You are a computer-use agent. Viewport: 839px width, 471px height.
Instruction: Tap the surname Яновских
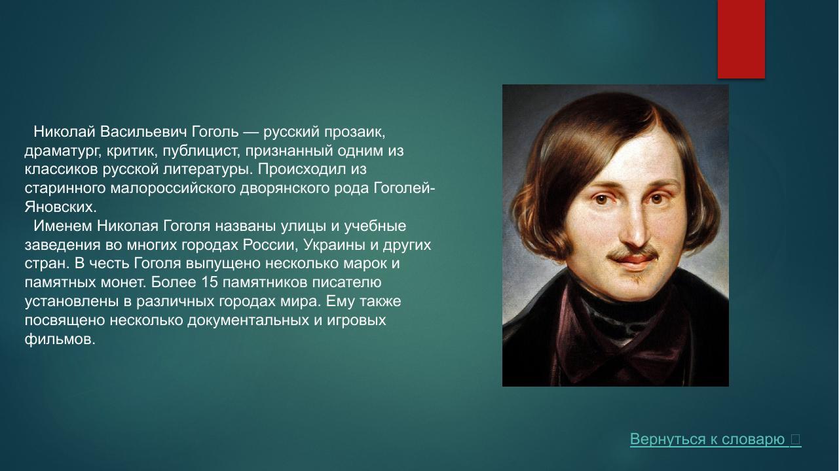tap(60, 207)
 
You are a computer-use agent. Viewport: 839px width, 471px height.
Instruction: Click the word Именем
tap(63, 226)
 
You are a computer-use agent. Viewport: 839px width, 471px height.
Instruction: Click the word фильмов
tap(60, 340)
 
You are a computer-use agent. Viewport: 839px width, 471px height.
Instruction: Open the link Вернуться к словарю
tap(707, 440)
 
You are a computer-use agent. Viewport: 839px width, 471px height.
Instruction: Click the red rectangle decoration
tap(741, 39)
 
